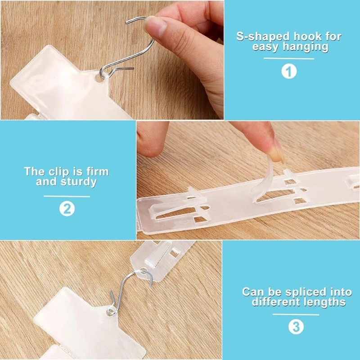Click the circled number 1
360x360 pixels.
[x=289, y=72]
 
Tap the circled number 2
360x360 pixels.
[x=67, y=209]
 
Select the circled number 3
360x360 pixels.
[x=296, y=327]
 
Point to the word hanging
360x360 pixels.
[x=306, y=47]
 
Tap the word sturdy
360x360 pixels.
[x=78, y=182]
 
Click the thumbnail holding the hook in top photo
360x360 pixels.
[x=155, y=27]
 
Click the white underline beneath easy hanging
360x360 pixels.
[x=289, y=58]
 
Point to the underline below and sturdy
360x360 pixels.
[x=67, y=196]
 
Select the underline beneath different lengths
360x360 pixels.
[x=296, y=315]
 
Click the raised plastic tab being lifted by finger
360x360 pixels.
[x=264, y=181]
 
